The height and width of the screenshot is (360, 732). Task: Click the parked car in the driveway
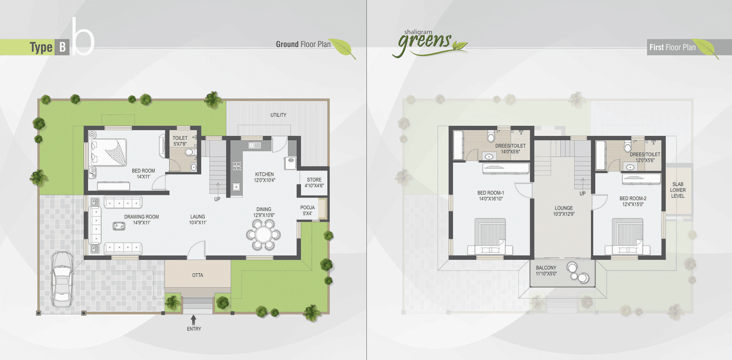[x=62, y=279]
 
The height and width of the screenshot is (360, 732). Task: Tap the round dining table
[x=263, y=235]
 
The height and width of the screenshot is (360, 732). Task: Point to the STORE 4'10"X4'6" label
[x=314, y=183]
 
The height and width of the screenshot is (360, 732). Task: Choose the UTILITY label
[x=278, y=115]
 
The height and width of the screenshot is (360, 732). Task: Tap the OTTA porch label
[x=198, y=275]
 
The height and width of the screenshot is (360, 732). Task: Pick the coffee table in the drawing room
[x=119, y=226]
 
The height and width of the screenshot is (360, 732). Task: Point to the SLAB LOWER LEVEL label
[x=678, y=190]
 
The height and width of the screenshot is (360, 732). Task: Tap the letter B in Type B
[x=62, y=47]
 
